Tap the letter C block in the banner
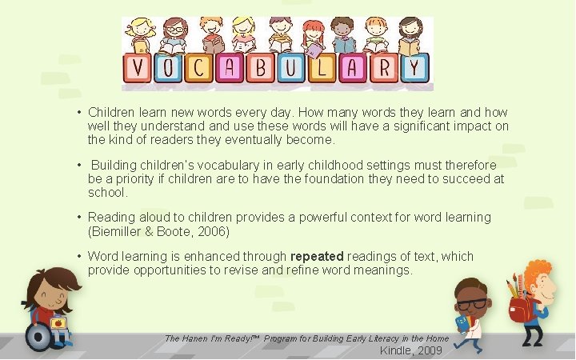[x=203, y=68]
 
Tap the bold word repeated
[x=317, y=257]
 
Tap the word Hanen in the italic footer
[x=196, y=338]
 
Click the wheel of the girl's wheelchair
[x=38, y=336]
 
